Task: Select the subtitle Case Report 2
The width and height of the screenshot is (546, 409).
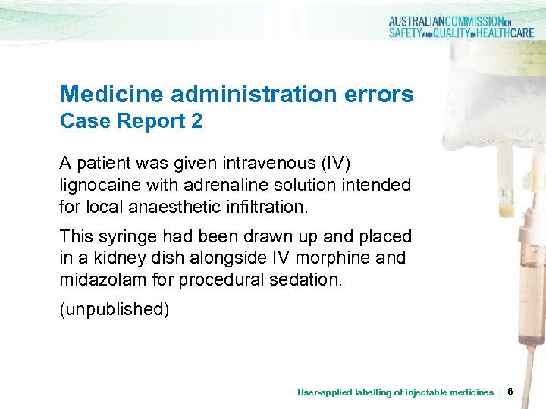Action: pyautogui.click(x=131, y=121)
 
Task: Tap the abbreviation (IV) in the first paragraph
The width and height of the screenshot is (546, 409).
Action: pyautogui.click(x=331, y=164)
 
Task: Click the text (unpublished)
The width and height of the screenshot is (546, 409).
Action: pyautogui.click(x=115, y=310)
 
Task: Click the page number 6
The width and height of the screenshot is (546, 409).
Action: pyautogui.click(x=510, y=392)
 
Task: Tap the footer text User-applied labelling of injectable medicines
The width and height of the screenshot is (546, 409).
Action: pyautogui.click(x=394, y=392)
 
